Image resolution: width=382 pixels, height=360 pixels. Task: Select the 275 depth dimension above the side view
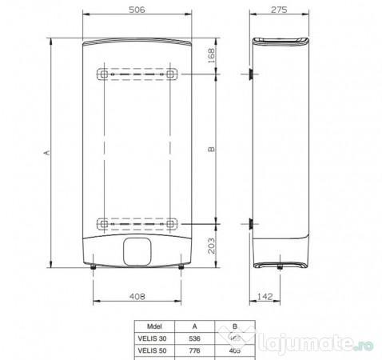tap(278, 12)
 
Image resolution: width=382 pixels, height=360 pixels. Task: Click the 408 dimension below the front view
tap(137, 296)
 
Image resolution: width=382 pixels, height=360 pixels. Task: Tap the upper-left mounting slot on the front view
tap(104, 74)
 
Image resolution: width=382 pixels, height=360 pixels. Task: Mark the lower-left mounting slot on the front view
tap(104, 222)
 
